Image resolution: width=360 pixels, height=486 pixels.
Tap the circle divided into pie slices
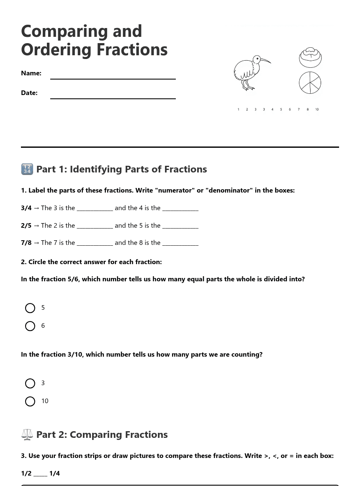pyautogui.click(x=310, y=82)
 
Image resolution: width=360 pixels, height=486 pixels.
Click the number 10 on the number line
pyautogui.click(x=317, y=110)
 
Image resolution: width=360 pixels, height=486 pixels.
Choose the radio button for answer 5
pyautogui.click(x=30, y=308)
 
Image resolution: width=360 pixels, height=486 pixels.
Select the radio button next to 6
pyautogui.click(x=30, y=326)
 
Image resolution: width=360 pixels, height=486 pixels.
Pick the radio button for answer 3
pyautogui.click(x=30, y=383)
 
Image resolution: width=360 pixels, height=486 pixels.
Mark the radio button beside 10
pyautogui.click(x=30, y=401)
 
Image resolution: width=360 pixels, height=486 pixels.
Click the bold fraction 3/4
pyautogui.click(x=26, y=208)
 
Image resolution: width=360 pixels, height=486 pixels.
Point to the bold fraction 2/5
pyautogui.click(x=26, y=226)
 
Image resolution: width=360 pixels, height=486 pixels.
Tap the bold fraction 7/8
pyautogui.click(x=26, y=243)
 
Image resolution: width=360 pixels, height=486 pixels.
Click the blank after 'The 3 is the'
pyautogui.click(x=95, y=209)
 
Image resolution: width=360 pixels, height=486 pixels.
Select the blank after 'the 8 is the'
pyautogui.click(x=180, y=244)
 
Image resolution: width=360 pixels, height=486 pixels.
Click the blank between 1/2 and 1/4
pyautogui.click(x=40, y=474)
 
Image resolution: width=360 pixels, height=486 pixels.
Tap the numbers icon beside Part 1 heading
pyautogui.click(x=27, y=169)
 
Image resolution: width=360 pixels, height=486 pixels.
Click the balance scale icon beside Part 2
pyautogui.click(x=27, y=435)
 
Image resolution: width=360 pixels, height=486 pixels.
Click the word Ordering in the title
pyautogui.click(x=57, y=49)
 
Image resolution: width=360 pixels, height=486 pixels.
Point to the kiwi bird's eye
pyautogui.click(x=257, y=59)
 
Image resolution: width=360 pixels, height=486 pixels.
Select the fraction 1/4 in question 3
pyautogui.click(x=54, y=473)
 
